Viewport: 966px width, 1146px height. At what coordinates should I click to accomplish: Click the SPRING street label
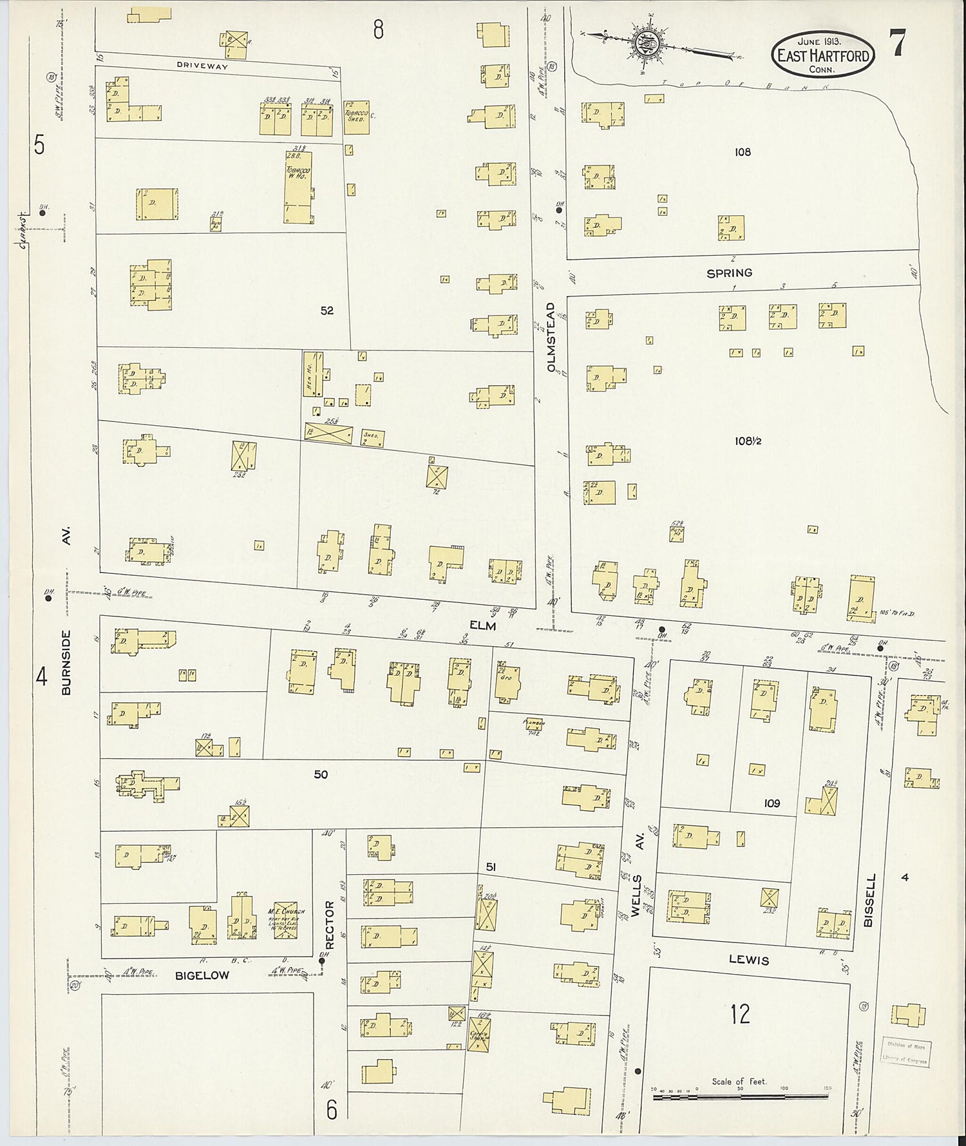pyautogui.click(x=729, y=273)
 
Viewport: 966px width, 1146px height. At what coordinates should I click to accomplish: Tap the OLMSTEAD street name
pyautogui.click(x=551, y=337)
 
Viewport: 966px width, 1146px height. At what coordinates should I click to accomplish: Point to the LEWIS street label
pyautogui.click(x=748, y=960)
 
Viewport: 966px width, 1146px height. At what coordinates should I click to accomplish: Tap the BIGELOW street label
pyautogui.click(x=202, y=975)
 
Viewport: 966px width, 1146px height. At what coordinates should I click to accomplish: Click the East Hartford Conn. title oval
pyautogui.click(x=824, y=54)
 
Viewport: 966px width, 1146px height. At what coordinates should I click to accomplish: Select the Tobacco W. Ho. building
pyautogui.click(x=299, y=187)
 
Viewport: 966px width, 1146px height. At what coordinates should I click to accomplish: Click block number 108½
pyautogui.click(x=748, y=441)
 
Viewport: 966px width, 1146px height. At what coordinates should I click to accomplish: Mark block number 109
pyautogui.click(x=772, y=803)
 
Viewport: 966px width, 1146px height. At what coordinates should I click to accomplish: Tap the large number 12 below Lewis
pyautogui.click(x=741, y=1014)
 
